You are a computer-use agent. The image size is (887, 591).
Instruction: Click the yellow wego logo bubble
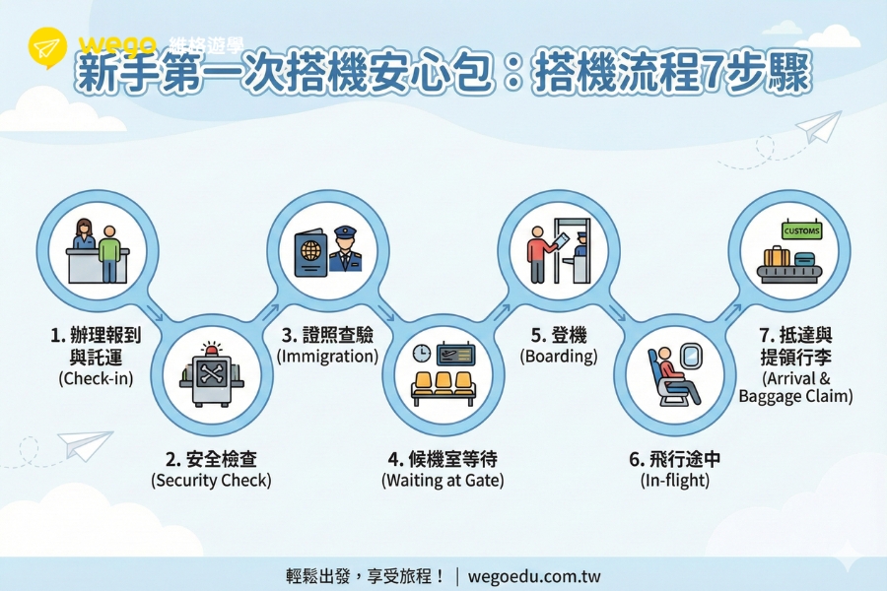tap(47, 47)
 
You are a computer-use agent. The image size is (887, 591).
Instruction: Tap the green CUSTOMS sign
tap(801, 230)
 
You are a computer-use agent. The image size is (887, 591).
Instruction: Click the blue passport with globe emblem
tap(310, 253)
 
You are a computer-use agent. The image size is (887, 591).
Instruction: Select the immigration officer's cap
tap(345, 232)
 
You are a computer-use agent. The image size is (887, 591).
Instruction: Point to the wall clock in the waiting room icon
tap(422, 354)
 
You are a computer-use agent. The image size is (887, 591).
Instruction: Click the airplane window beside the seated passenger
tap(691, 356)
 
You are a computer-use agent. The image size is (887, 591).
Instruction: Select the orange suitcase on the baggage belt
tap(777, 257)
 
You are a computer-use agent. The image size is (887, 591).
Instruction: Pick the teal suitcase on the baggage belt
tap(804, 260)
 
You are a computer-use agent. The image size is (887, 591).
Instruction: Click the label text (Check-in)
tap(96, 378)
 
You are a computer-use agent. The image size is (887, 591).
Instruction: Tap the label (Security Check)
tap(211, 480)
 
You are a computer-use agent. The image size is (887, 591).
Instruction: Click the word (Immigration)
tap(327, 357)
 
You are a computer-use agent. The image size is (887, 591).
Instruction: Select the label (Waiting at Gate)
tap(443, 480)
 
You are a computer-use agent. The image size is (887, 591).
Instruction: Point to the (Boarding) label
tap(559, 357)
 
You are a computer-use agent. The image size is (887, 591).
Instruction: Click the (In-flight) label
tap(675, 480)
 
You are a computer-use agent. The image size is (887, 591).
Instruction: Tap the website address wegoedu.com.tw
tap(534, 576)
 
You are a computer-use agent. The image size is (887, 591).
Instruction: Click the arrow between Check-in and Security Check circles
tap(155, 313)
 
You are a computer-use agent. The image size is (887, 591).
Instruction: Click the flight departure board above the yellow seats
tap(456, 354)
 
